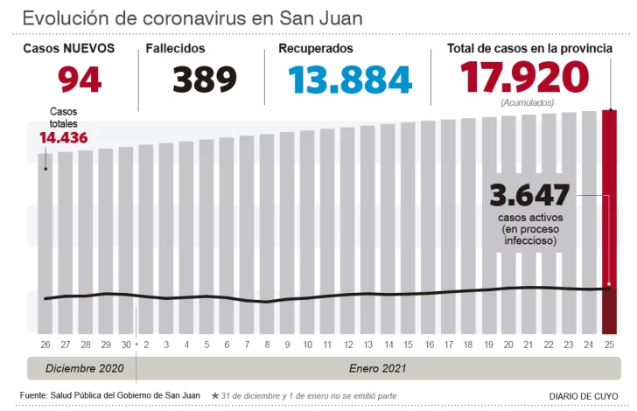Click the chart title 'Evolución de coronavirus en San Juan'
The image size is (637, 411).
(x=192, y=18)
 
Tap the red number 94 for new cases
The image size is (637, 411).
(x=80, y=79)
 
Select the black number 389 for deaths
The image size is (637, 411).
(x=205, y=79)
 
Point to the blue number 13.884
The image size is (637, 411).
(x=350, y=79)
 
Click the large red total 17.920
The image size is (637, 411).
(x=526, y=78)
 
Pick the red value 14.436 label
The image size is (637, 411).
(x=63, y=137)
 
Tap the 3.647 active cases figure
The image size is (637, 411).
(x=530, y=194)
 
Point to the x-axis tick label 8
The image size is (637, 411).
(x=268, y=345)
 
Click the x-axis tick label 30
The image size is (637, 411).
(x=126, y=345)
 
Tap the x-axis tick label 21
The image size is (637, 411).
(x=528, y=345)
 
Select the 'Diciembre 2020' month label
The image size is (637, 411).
(x=85, y=369)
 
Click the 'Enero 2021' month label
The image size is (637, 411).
(x=377, y=369)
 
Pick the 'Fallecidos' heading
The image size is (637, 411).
(x=176, y=49)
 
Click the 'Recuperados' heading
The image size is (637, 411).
(x=316, y=49)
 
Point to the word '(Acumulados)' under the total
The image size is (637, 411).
(x=527, y=103)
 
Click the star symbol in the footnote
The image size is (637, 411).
(x=215, y=396)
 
